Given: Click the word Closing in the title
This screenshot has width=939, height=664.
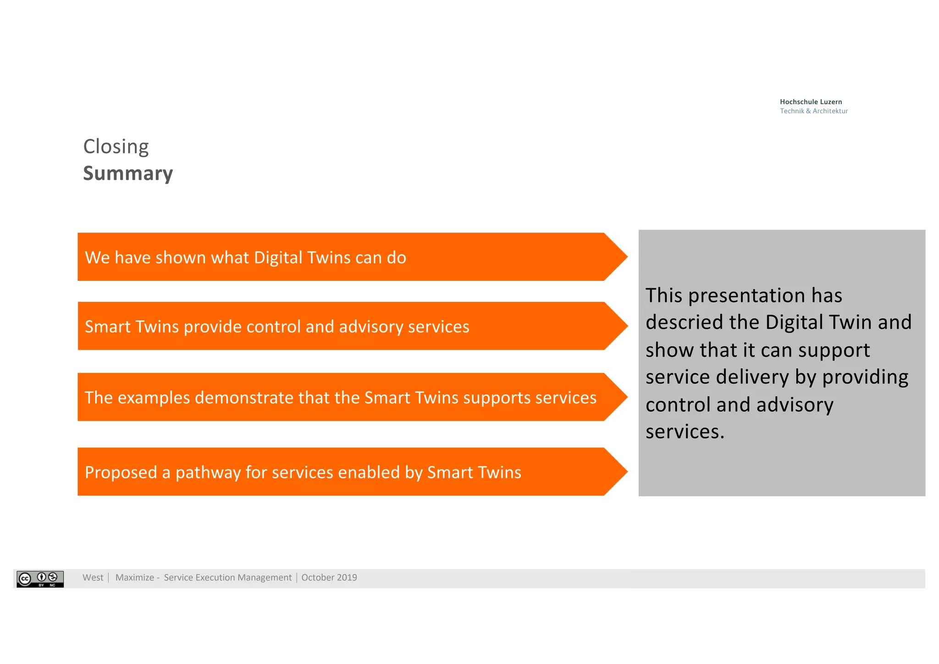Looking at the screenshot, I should coord(116,147).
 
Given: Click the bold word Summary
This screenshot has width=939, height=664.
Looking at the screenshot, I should coord(128,173).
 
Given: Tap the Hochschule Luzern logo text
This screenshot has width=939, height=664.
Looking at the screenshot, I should coord(811,102).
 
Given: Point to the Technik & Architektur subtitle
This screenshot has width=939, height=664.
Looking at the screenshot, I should coord(814,111).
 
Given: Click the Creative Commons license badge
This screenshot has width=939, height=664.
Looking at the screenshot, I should coord(40,579).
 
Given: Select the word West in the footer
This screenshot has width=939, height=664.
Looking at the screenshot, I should coord(93,578).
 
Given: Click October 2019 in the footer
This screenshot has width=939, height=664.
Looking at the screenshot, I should coord(329,578).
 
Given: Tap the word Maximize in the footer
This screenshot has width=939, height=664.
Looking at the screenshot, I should coord(135,578).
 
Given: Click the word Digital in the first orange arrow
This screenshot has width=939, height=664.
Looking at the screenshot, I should coord(278,258).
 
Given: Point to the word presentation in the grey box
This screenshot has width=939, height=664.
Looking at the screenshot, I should coord(747,295).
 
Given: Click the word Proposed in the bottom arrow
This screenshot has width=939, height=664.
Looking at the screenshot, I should coord(121,473).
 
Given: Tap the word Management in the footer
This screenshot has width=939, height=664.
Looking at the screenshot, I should coord(264,578).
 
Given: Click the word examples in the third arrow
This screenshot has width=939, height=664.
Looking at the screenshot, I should coord(154,398).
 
